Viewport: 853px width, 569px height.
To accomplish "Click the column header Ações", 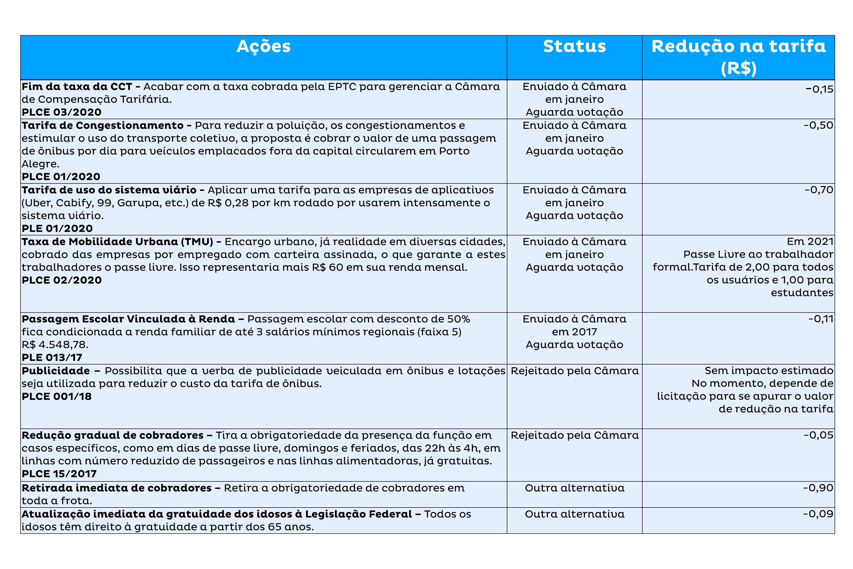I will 263,47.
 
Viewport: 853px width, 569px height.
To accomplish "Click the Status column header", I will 574,47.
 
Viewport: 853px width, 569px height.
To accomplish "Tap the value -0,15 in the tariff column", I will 819,89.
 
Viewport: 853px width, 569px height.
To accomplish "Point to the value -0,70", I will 819,190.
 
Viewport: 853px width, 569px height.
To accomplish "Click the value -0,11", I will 820,319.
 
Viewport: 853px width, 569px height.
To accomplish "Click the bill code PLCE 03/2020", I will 62,112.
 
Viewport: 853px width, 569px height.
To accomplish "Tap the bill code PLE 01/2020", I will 57,229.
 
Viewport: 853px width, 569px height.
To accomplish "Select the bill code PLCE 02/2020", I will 62,280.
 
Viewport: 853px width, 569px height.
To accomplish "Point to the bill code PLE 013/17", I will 52,358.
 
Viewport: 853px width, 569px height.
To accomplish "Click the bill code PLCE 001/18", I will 57,397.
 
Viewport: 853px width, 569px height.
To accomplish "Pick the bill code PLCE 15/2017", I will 59,474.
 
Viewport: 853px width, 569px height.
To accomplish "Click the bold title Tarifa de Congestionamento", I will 103,126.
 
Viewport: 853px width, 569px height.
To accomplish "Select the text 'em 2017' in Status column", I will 574,332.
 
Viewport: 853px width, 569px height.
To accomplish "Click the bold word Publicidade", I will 55,371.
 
